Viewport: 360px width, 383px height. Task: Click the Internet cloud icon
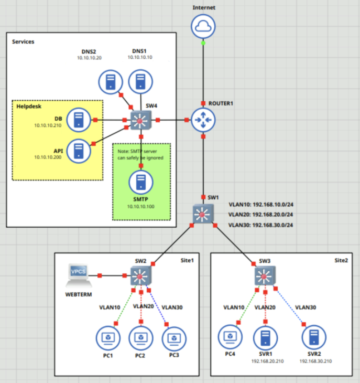click(x=203, y=26)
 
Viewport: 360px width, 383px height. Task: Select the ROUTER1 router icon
click(x=203, y=120)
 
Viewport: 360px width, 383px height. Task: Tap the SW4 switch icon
click(x=141, y=120)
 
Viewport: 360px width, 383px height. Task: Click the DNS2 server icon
click(x=111, y=82)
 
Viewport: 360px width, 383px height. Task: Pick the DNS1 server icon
click(x=140, y=81)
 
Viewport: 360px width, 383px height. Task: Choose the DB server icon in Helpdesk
click(x=79, y=120)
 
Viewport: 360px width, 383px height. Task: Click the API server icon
click(x=79, y=151)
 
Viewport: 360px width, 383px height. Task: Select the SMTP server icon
click(x=141, y=182)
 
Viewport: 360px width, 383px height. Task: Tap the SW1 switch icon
click(x=203, y=214)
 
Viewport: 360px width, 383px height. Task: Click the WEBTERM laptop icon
click(x=79, y=275)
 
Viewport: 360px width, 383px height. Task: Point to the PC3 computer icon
click(x=174, y=339)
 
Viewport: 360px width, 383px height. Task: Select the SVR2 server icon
click(x=314, y=337)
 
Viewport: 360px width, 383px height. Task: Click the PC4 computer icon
click(x=230, y=337)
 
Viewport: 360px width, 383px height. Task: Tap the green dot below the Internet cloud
click(x=203, y=43)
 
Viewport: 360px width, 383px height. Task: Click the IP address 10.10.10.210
click(x=48, y=125)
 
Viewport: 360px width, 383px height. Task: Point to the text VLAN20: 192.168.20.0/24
click(x=260, y=215)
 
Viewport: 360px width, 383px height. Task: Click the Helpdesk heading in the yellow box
click(x=29, y=107)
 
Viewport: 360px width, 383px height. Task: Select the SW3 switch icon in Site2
click(x=265, y=276)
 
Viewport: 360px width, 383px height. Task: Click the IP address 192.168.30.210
click(x=315, y=361)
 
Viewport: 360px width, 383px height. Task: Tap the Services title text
click(x=23, y=41)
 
